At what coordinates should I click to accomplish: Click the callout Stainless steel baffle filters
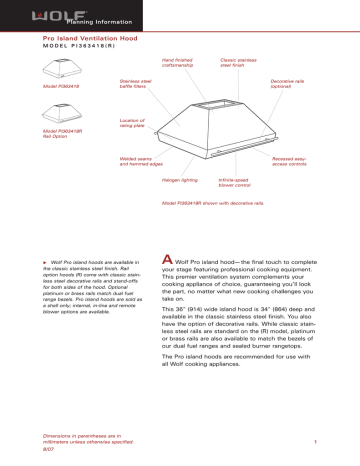coord(135,84)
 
